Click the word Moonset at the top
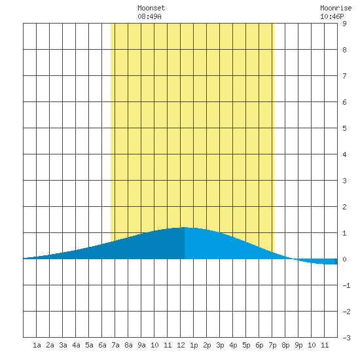151,8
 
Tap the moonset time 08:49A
149,16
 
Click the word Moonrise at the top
336,8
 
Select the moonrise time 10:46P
332,16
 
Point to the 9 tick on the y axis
344,24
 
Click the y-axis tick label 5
344,128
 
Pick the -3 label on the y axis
346,338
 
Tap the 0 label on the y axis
344,259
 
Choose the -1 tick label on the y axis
346,285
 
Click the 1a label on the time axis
37,345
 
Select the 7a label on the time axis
115,345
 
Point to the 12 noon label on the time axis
181,345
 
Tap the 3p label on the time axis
220,345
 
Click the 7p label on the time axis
272,345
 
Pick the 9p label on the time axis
298,345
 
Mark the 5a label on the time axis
89,345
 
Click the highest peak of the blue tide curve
185,227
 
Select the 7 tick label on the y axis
344,76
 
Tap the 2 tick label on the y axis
344,207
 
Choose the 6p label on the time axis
259,345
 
